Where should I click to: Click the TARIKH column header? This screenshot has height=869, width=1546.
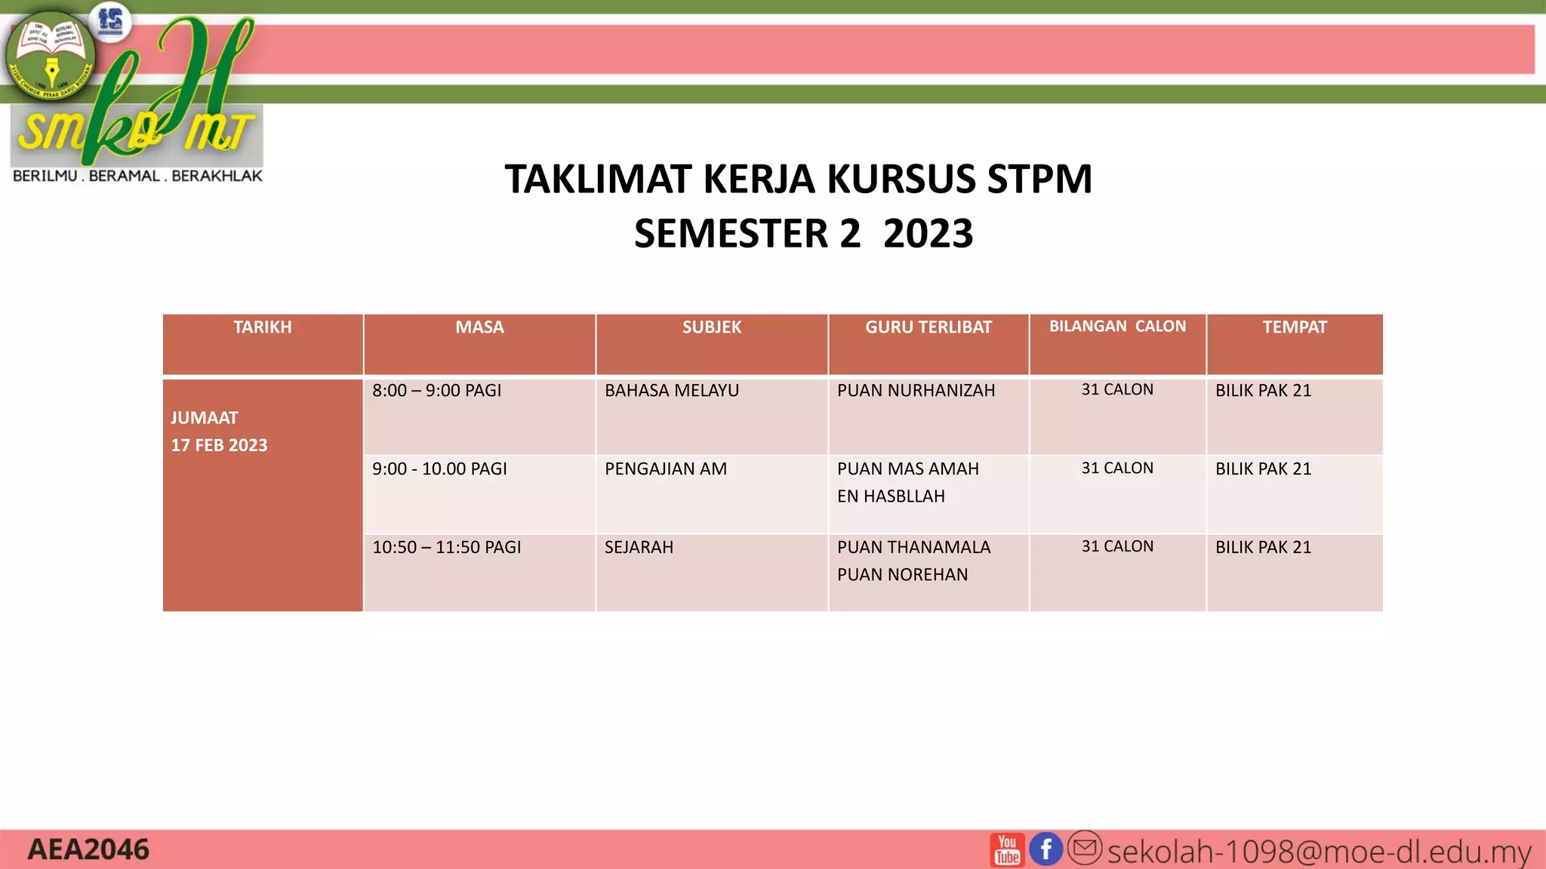pyautogui.click(x=262, y=327)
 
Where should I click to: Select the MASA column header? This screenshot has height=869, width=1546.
pyautogui.click(x=479, y=327)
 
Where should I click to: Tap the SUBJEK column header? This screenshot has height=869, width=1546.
pyautogui.click(x=712, y=327)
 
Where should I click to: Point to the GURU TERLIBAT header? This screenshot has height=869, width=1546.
pyautogui.click(x=928, y=327)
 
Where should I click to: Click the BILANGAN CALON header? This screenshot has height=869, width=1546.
pyautogui.click(x=1117, y=327)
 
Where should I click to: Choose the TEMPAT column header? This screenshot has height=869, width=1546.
pyautogui.click(x=1294, y=327)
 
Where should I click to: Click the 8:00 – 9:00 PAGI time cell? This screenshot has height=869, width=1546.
pyautogui.click(x=436, y=391)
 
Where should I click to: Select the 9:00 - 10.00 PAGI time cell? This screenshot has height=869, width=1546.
pyautogui.click(x=439, y=469)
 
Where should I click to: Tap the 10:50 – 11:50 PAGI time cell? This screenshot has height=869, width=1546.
pyautogui.click(x=446, y=548)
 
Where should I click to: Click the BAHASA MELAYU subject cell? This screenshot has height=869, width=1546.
pyautogui.click(x=671, y=391)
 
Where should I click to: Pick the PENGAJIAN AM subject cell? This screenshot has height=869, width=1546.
pyautogui.click(x=665, y=469)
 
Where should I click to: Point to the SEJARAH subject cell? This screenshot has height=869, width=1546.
pyautogui.click(x=639, y=548)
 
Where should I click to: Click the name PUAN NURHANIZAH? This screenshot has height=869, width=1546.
pyautogui.click(x=916, y=391)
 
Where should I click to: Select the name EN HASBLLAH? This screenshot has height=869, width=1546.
pyautogui.click(x=891, y=496)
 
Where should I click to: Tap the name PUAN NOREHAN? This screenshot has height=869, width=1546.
pyautogui.click(x=902, y=575)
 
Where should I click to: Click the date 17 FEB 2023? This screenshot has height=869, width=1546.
pyautogui.click(x=219, y=445)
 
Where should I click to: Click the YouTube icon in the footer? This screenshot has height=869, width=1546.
pyautogui.click(x=1007, y=850)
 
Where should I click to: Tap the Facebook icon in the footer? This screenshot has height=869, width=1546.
pyautogui.click(x=1046, y=849)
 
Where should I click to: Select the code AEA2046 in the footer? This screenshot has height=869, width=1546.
pyautogui.click(x=88, y=850)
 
